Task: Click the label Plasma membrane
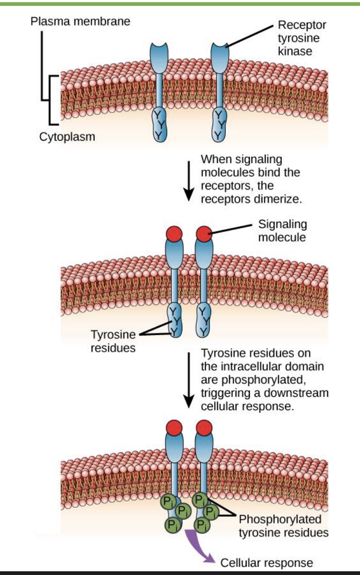coord(80,21)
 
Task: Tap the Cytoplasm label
coord(67,137)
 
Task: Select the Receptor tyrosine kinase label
coord(295,38)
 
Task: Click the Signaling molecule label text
coord(282,231)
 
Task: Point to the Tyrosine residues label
coord(113,341)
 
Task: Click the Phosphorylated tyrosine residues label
coord(283,526)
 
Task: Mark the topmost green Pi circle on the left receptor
coord(168,501)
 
